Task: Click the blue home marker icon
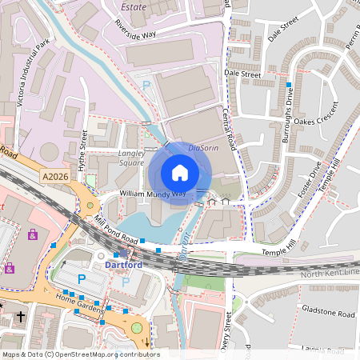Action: (x=180, y=173)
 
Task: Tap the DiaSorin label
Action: (x=204, y=148)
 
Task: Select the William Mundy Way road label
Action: (x=153, y=194)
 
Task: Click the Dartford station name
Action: (x=124, y=265)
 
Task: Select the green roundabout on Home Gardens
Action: (x=137, y=326)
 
